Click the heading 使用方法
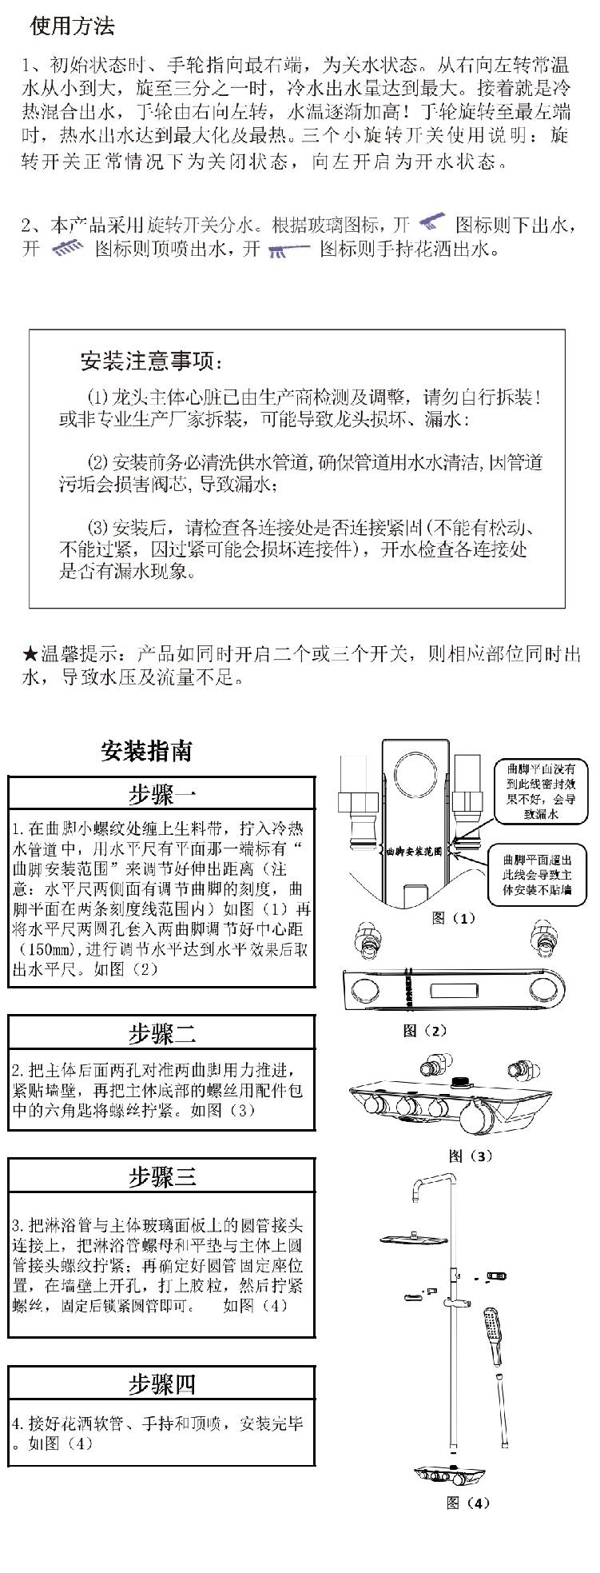pos(72,26)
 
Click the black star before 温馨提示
pos(30,655)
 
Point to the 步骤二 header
pos(161,1033)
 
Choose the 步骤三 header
pos(161,1177)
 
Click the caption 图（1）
pos(453,918)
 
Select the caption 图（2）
pos(424,1032)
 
